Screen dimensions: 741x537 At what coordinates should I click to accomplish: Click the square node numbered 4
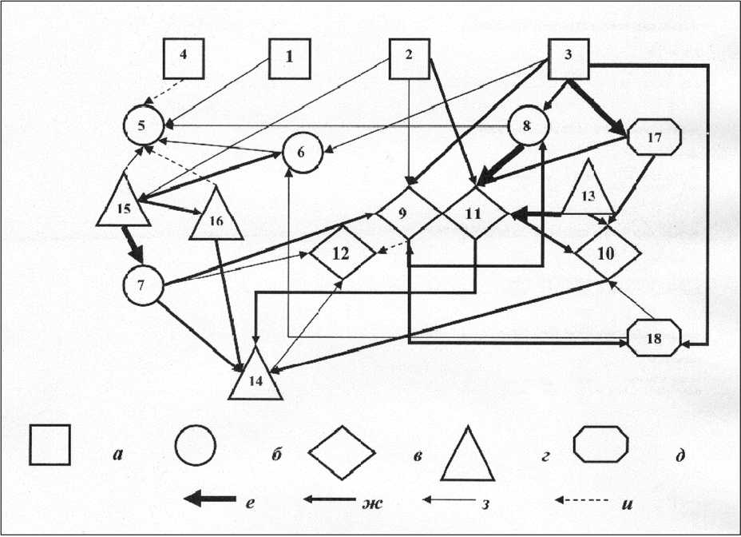click(183, 58)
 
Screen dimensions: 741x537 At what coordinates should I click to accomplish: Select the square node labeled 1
click(289, 58)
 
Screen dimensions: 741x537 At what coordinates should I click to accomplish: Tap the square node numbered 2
click(409, 58)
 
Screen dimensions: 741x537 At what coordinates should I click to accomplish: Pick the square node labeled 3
click(568, 58)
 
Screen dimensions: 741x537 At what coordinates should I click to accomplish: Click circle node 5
click(143, 126)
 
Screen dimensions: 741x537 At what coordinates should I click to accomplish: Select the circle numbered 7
click(143, 286)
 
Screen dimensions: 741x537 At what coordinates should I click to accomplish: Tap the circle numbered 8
click(529, 126)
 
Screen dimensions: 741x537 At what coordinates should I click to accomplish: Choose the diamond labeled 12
click(342, 254)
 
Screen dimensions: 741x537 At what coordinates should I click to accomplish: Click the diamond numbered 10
click(607, 254)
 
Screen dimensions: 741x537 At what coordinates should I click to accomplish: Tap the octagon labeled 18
click(655, 338)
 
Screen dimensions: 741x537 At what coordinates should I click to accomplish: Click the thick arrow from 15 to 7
click(132, 245)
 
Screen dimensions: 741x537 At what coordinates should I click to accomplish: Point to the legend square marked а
click(50, 445)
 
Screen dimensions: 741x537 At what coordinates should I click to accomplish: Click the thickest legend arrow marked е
click(209, 499)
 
